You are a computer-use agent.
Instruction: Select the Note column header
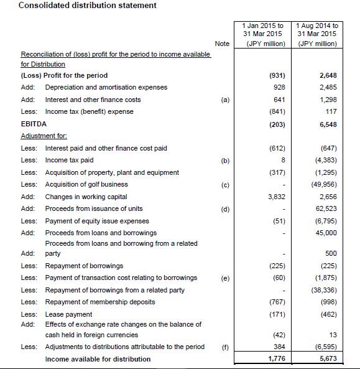(222, 44)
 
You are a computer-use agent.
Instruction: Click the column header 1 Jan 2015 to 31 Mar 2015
(262, 34)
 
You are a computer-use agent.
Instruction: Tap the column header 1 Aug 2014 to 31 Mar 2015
(318, 34)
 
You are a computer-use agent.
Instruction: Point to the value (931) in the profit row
(275, 76)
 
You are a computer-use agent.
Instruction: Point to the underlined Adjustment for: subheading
(42, 135)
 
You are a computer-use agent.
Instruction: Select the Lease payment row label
(68, 314)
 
